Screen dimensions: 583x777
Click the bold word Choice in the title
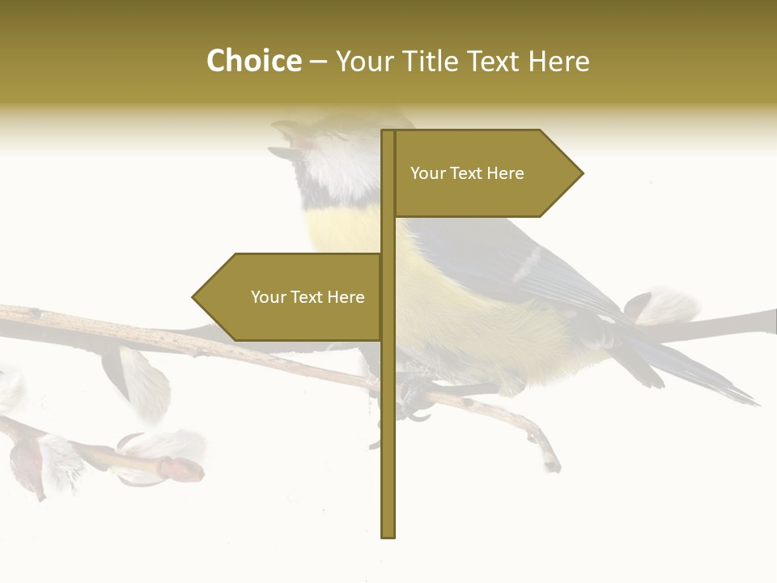pos(253,61)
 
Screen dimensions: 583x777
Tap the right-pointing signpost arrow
pos(486,173)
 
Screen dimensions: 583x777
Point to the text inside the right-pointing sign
pos(467,173)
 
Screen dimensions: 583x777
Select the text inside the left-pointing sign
pos(308,297)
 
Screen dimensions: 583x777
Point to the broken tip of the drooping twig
pos(552,464)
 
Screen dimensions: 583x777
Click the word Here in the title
pos(559,61)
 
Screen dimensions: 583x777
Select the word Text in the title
pos(495,61)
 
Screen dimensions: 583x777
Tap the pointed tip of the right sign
pos(580,172)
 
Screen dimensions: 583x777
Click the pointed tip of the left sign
pos(195,297)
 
